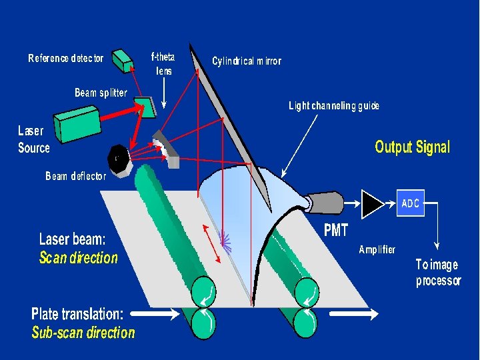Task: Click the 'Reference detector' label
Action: (x=66, y=59)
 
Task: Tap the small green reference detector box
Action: (x=123, y=61)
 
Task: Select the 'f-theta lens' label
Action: (x=163, y=63)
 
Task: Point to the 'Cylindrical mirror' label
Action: (x=247, y=61)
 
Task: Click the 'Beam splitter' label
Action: (x=100, y=93)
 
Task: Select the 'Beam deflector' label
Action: (x=75, y=177)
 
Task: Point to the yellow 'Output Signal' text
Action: (x=412, y=147)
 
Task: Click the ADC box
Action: (x=410, y=203)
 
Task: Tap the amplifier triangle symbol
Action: (x=372, y=204)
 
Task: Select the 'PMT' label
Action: (x=336, y=231)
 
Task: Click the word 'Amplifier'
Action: (x=377, y=250)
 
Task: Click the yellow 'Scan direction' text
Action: (x=79, y=258)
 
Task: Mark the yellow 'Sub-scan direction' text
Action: (x=83, y=333)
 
